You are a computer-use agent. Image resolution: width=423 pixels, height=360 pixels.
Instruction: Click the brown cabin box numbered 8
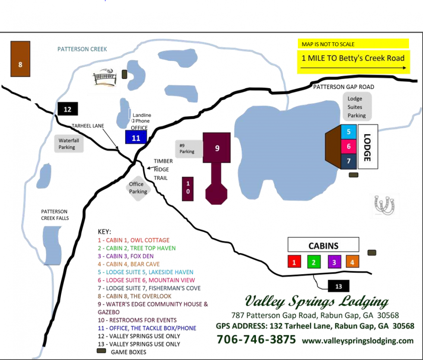(20, 59)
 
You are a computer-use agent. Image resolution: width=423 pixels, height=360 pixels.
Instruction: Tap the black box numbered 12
(67, 109)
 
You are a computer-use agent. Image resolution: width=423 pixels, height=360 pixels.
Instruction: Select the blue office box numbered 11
(136, 137)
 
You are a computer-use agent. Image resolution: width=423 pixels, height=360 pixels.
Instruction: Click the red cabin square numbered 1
(294, 262)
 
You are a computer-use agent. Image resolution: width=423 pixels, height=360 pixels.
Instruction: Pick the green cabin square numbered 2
(314, 262)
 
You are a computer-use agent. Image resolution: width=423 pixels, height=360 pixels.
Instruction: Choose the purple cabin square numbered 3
(334, 262)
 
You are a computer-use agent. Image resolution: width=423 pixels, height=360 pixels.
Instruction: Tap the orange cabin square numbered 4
(352, 262)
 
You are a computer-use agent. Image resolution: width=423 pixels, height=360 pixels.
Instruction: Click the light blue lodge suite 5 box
(349, 131)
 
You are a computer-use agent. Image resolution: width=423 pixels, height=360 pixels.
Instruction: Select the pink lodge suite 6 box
(349, 146)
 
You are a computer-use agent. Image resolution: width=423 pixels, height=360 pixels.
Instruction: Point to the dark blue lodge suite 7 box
(349, 161)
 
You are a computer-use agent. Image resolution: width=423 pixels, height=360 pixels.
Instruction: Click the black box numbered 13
(338, 286)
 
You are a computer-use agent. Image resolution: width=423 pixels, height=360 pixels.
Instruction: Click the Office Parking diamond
(138, 188)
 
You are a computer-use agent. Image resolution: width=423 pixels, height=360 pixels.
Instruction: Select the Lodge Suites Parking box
(357, 107)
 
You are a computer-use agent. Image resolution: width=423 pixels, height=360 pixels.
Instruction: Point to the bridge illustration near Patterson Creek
(104, 78)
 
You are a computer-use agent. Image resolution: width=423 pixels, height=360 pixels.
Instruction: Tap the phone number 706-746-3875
(256, 339)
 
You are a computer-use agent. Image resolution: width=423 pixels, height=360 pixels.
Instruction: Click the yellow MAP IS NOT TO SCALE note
(352, 44)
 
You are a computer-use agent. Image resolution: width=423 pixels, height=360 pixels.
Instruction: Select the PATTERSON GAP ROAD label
(344, 87)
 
